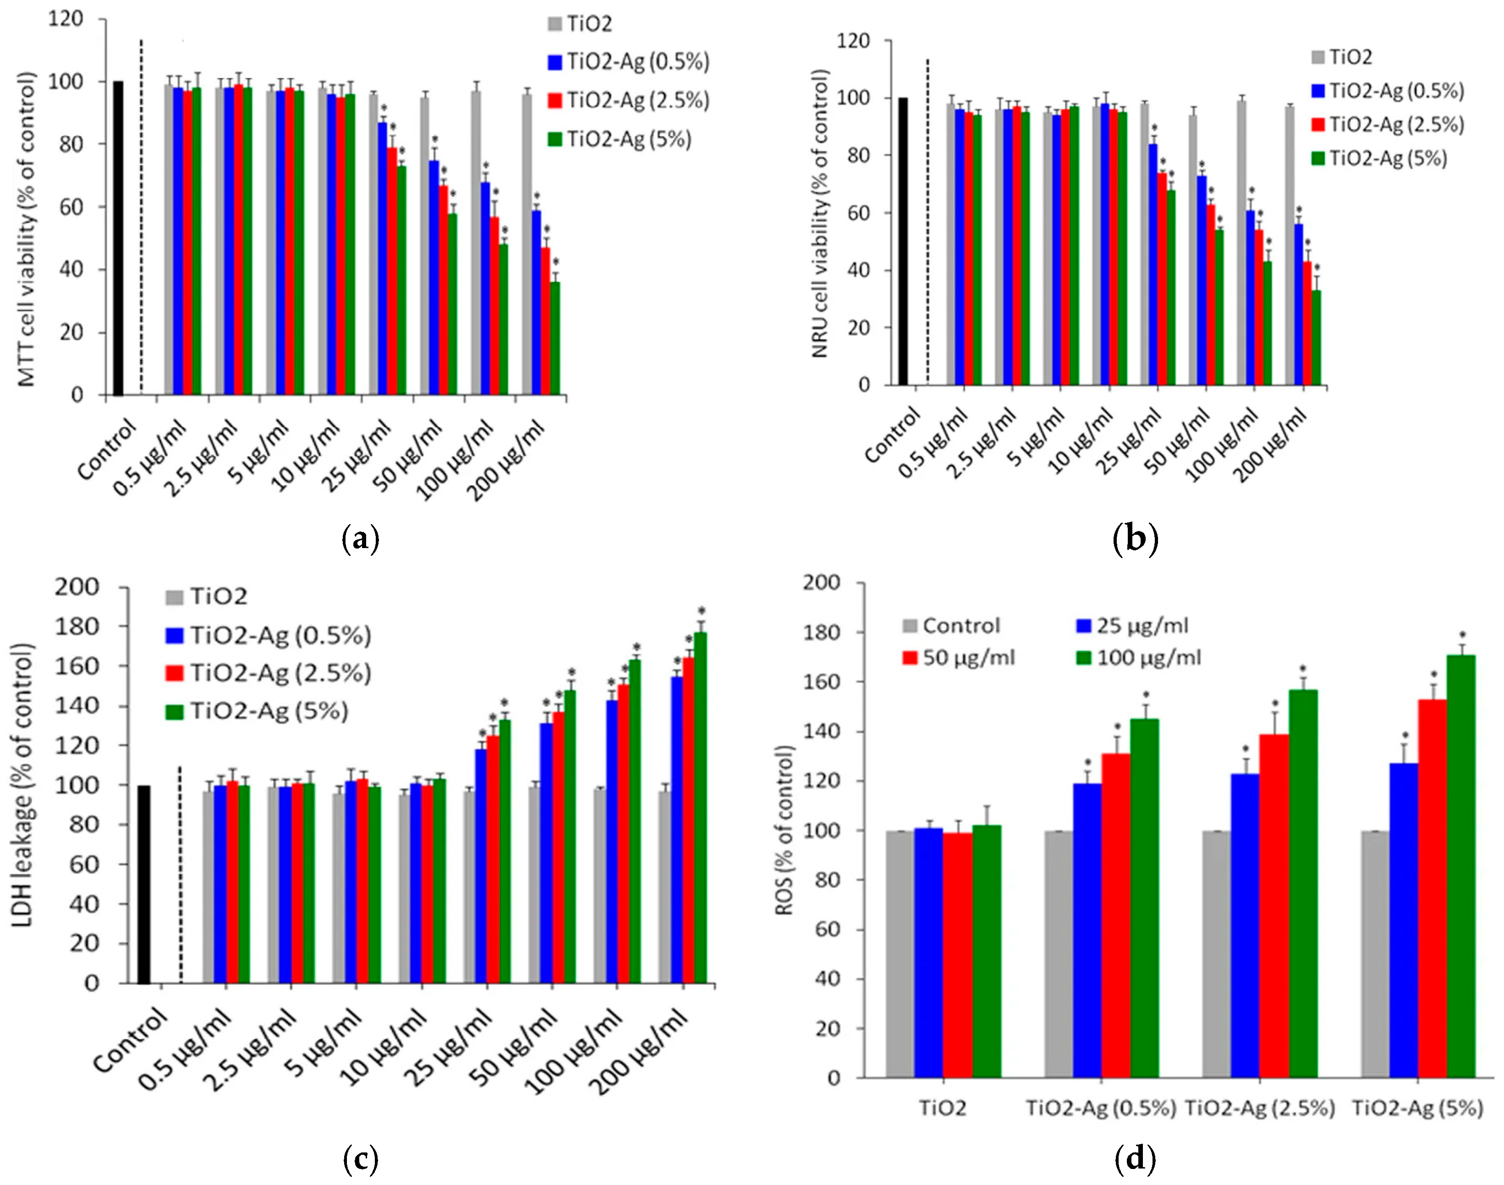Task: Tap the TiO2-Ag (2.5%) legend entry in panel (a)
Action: pos(629,101)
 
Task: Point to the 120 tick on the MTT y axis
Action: pos(66,19)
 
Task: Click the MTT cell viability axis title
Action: pos(27,229)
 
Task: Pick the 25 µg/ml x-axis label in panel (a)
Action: pos(359,455)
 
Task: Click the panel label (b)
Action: pos(1135,538)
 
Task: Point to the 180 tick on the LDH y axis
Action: pos(78,626)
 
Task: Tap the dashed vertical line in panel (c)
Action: pos(181,874)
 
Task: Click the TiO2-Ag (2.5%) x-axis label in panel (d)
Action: pos(1259,1108)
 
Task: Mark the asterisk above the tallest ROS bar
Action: pos(1462,635)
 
